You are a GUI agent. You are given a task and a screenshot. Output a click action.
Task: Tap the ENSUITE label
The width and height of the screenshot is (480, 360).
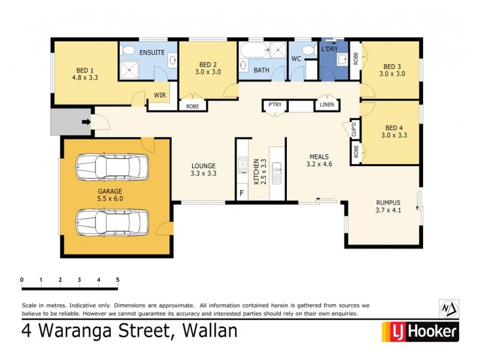click(x=152, y=53)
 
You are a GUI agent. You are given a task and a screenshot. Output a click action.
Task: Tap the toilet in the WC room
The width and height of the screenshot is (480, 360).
click(x=308, y=50)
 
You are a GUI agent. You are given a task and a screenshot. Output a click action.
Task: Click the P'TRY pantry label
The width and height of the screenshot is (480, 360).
click(x=275, y=106)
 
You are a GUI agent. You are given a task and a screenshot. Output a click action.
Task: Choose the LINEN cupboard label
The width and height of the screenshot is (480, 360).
click(x=327, y=106)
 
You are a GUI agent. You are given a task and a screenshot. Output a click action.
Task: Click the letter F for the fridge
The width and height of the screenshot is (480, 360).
click(x=241, y=193)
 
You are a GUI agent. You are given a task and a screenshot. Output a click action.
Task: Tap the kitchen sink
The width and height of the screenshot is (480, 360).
click(x=277, y=173)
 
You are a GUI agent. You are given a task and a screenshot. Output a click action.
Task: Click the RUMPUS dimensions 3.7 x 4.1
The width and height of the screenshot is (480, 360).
click(x=388, y=210)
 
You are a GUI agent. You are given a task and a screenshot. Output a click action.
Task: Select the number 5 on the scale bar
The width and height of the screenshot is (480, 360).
click(x=118, y=280)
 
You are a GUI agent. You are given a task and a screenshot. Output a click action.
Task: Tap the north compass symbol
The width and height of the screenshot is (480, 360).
click(x=449, y=308)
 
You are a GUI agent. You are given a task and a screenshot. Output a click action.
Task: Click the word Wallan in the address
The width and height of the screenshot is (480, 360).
click(x=206, y=331)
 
